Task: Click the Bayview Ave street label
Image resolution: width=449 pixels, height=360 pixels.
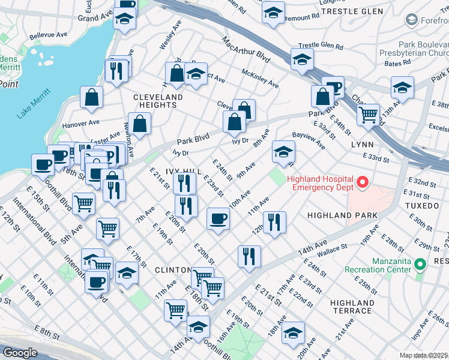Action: [x=309, y=142]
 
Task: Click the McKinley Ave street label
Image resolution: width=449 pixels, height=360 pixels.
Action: [x=260, y=77]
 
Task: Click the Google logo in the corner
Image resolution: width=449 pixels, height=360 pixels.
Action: [x=20, y=353]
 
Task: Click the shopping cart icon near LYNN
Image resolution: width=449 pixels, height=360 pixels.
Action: [x=368, y=113]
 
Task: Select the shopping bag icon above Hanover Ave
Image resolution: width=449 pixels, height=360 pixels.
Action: [x=91, y=97]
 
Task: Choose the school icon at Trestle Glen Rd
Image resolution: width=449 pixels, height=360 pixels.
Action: [x=302, y=59]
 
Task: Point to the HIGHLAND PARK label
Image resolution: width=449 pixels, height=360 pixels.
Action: [x=342, y=215]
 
